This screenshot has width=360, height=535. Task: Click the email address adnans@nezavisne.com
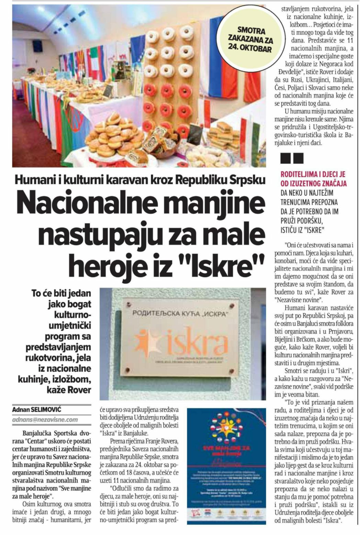[45, 419]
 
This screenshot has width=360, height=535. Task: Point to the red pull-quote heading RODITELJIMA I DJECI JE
[313, 174]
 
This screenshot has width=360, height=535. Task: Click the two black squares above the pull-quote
[292, 158]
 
